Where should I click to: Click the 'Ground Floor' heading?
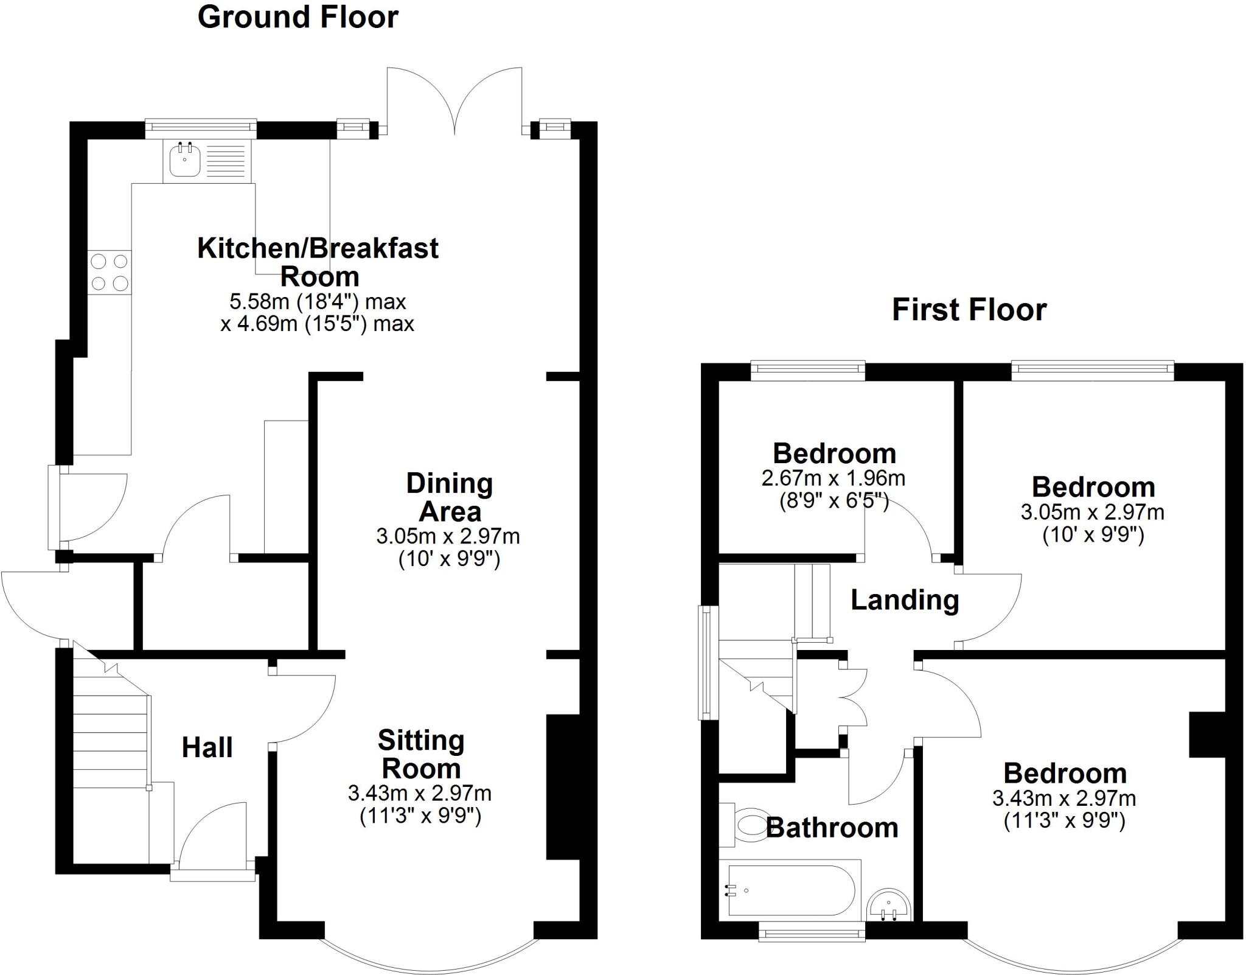coord(298,17)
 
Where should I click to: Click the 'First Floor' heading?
coord(969,310)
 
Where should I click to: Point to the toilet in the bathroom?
coord(748,825)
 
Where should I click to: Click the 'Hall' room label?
coord(207,747)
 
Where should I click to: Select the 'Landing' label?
coord(905,600)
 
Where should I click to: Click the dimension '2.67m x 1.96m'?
coord(833,478)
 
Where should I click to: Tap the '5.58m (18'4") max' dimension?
coord(317,301)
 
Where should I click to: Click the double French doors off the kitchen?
coord(454,100)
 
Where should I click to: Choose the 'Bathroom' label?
coord(832,828)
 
